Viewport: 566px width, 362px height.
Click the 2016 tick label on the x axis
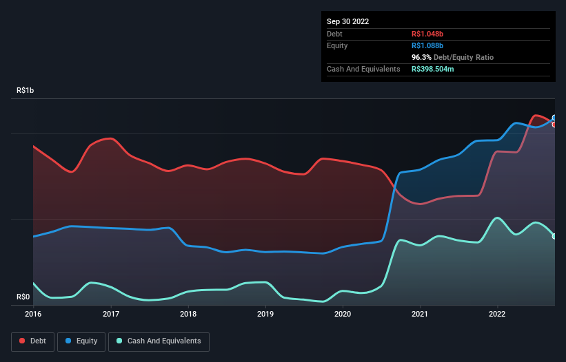(x=33, y=315)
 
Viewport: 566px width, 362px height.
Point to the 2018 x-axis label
(x=188, y=315)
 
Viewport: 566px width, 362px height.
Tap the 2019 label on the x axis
(x=265, y=315)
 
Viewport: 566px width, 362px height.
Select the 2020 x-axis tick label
(x=343, y=315)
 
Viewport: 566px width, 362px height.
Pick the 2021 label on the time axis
(x=420, y=315)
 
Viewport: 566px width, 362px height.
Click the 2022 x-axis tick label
(x=497, y=315)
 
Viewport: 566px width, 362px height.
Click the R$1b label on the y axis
(x=26, y=90)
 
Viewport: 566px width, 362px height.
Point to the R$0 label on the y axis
(x=23, y=297)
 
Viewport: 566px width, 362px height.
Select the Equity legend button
(x=81, y=341)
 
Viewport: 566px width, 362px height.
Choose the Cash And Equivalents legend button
(x=159, y=341)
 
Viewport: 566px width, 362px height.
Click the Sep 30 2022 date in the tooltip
(x=348, y=21)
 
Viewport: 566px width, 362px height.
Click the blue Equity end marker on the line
(x=554, y=118)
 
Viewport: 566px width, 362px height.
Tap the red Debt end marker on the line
(x=554, y=125)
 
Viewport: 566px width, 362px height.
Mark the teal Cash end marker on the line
(x=554, y=236)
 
